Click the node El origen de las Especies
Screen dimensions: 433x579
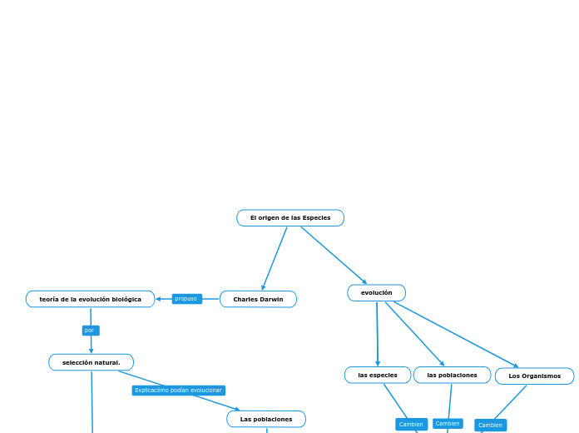[x=290, y=218]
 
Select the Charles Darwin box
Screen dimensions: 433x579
[x=258, y=299]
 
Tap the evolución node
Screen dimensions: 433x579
[x=376, y=293]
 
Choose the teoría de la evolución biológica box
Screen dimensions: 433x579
[x=90, y=299]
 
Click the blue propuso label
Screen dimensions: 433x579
[x=186, y=299]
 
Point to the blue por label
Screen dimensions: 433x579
[x=90, y=331]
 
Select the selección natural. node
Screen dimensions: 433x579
[x=91, y=362]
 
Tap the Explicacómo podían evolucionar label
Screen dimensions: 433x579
[x=178, y=391]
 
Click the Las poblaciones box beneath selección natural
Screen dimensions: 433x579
[x=266, y=419]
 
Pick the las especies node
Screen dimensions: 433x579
[x=378, y=376]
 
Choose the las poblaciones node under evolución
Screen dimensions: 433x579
[x=452, y=376]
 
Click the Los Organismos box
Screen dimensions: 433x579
[x=534, y=376]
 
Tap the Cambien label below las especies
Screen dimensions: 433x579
[x=411, y=425]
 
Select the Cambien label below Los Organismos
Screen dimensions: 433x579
[x=490, y=426]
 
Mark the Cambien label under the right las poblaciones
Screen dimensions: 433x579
[x=448, y=424]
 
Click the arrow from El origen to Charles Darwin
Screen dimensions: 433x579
[x=275, y=258]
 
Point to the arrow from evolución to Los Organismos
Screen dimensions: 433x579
[x=456, y=334]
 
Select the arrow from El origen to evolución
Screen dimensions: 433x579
[x=334, y=256]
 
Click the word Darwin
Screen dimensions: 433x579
[x=271, y=299]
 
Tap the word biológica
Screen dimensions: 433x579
[x=124, y=299]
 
